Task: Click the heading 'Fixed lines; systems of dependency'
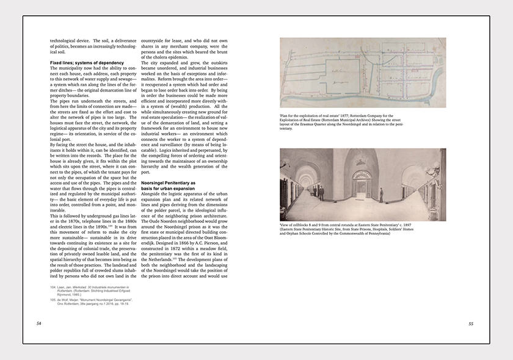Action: tap(87, 63)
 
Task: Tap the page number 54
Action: tap(39, 323)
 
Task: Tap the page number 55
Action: tap(470, 323)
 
